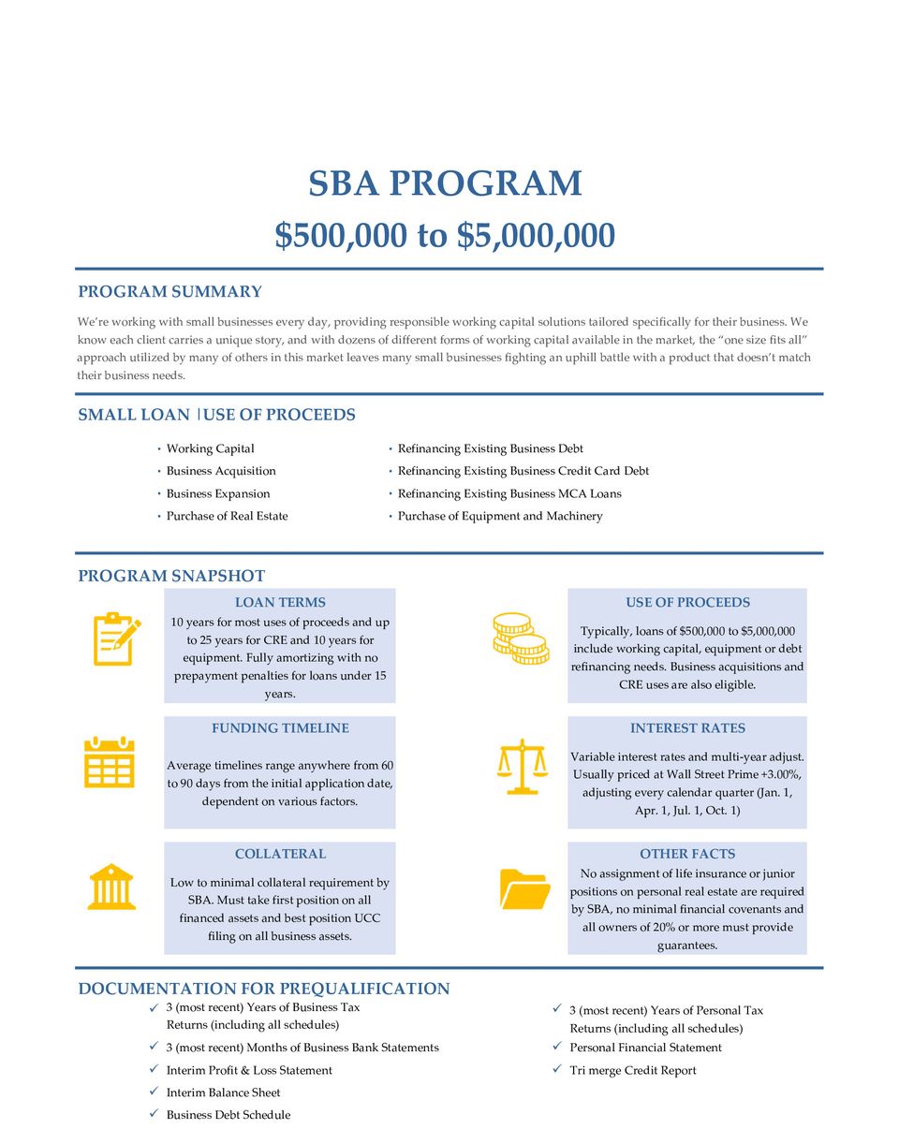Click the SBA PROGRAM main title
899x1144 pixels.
[x=446, y=183]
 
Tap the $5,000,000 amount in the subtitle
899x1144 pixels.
[x=536, y=236]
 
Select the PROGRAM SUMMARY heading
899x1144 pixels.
[x=169, y=292]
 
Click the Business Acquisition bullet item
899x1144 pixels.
[x=221, y=471]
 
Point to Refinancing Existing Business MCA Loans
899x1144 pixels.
[x=509, y=493]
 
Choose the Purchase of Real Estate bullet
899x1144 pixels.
[x=227, y=516]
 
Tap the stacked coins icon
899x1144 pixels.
[x=520, y=638]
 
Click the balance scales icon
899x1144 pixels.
[x=522, y=766]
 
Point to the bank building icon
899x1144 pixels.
[x=111, y=887]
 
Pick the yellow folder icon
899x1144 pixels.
[x=524, y=888]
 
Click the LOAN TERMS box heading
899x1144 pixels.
[x=280, y=602]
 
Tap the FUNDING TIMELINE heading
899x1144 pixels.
[x=280, y=728]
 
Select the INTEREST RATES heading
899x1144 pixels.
[x=687, y=728]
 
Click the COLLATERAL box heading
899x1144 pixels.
[x=280, y=854]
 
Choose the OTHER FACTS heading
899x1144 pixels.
[x=687, y=854]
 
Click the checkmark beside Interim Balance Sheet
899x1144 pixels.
[x=154, y=1092]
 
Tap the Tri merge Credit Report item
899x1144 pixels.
[x=633, y=1070]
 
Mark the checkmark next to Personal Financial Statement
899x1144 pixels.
[x=557, y=1047]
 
